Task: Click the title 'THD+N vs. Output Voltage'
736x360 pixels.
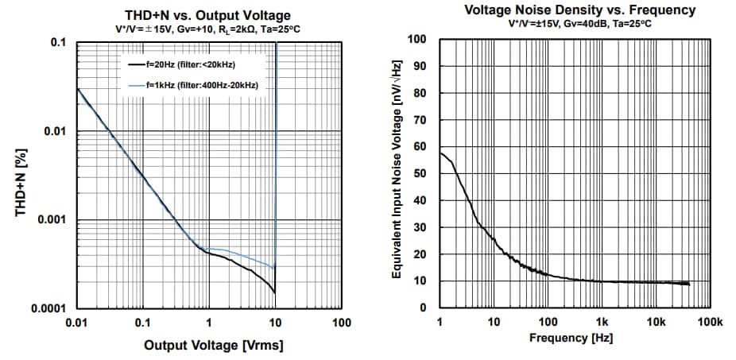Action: [208, 15]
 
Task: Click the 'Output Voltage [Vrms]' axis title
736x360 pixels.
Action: [213, 345]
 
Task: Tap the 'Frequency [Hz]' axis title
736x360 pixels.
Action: [571, 338]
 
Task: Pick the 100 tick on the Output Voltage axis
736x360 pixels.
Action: [341, 323]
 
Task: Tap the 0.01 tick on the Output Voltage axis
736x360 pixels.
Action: [76, 323]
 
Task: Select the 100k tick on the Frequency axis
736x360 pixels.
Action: [709, 322]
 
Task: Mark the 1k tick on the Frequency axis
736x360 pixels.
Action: [602, 322]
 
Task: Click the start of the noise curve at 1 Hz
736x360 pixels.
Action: [440, 153]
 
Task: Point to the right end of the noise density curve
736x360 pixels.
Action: [689, 284]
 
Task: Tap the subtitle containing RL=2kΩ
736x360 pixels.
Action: [208, 29]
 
